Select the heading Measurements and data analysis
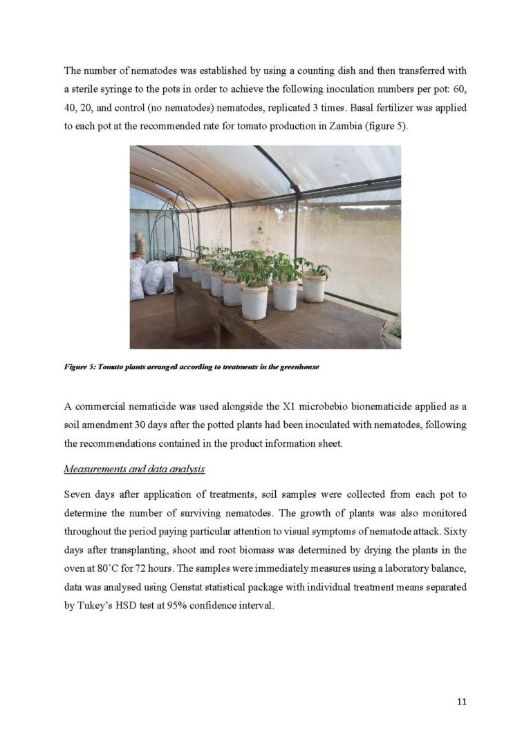(x=134, y=469)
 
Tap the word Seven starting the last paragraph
(x=77, y=494)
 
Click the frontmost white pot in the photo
(x=254, y=302)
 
